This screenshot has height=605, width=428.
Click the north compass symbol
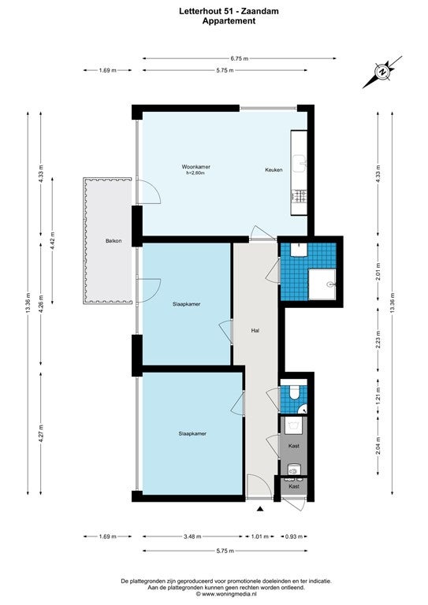382,72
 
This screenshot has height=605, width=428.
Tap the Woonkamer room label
196,167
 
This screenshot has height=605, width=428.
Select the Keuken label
274,170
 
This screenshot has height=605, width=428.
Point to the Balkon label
114,241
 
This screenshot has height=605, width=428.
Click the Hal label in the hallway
255,330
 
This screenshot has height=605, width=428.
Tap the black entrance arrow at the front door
260,510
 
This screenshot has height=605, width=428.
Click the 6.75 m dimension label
240,58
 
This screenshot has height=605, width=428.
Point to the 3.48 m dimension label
192,536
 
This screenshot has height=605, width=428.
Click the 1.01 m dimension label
260,536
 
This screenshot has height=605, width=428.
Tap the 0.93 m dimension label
294,536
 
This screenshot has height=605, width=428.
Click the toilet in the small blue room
294,392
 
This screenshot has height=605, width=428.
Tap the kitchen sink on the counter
300,163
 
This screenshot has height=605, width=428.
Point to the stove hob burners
300,195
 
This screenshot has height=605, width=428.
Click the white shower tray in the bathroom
322,284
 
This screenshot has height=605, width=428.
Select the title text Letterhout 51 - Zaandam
229,12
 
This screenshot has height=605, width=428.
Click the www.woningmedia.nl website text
226,594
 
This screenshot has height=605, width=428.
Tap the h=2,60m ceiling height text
195,173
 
